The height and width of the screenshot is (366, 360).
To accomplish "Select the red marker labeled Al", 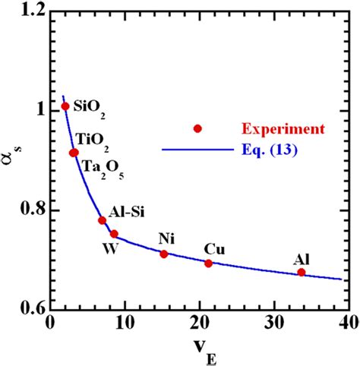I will coord(302,272).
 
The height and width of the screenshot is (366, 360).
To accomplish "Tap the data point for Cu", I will coord(209,263).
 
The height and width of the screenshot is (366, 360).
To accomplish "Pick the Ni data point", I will coord(163,254).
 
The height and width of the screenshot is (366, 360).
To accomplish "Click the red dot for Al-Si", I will coord(102,220).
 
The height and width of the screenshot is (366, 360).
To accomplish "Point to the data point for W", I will coord(114,234).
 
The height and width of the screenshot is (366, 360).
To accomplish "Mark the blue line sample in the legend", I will coord(196,150).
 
